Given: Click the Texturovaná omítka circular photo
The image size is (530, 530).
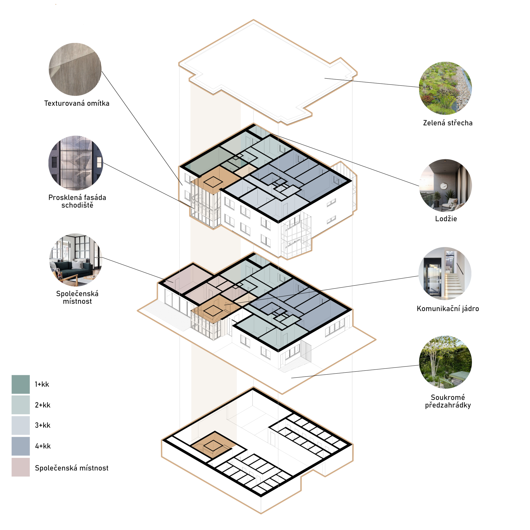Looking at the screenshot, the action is (x=75, y=69).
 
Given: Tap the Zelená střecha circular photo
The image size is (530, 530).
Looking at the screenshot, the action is (x=445, y=88).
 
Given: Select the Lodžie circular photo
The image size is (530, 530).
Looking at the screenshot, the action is (x=445, y=185).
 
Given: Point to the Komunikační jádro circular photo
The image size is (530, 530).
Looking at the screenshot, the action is (x=445, y=274).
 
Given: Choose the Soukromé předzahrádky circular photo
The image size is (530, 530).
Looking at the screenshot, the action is (x=445, y=362).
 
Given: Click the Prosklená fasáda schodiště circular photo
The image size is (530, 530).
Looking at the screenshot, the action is (x=76, y=163).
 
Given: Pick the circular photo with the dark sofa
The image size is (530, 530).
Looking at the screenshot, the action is (x=76, y=260).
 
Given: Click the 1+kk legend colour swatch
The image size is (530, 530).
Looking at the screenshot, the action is (x=21, y=384).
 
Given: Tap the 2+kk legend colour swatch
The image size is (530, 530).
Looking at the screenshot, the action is (x=21, y=405).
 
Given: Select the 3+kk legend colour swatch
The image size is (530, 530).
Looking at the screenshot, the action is (x=21, y=425).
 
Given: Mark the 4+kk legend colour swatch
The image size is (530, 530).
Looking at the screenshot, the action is (x=21, y=446).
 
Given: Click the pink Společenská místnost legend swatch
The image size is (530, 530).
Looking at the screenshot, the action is (x=21, y=467).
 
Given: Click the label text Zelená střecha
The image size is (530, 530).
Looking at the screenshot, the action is (x=448, y=123).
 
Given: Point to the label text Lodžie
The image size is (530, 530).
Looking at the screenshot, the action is (x=446, y=219).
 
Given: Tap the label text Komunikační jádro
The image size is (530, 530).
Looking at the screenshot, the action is (x=448, y=309).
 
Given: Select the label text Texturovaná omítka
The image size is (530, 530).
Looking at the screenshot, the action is (x=77, y=103).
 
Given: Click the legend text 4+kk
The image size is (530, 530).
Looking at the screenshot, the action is (x=43, y=446).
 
